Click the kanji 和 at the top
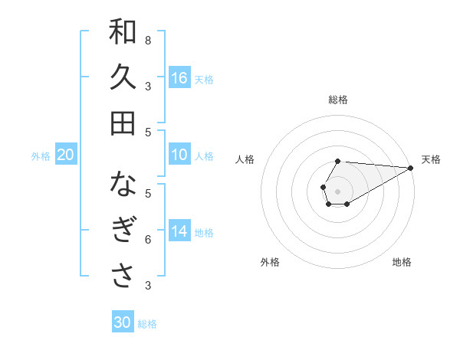coord(123,32)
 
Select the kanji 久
coord(123,77)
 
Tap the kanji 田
coord(123,123)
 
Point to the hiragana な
coord(123,185)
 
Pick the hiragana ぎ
coord(123,231)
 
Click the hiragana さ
coord(123,277)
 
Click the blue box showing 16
coord(179,78)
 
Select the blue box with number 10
coord(179,155)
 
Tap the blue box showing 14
coord(179,231)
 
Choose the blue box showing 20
coord(65,155)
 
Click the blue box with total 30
coord(123,322)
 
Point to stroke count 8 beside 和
coord(148,40)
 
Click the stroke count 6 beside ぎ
coord(148,240)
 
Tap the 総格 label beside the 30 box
coord(147,324)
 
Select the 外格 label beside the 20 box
coord(41,156)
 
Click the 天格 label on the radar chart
coord(431,159)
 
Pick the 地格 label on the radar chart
coord(402,262)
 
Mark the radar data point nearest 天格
coord(410,169)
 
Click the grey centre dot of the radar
coord(337,190)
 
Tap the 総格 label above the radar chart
coord(338,100)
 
